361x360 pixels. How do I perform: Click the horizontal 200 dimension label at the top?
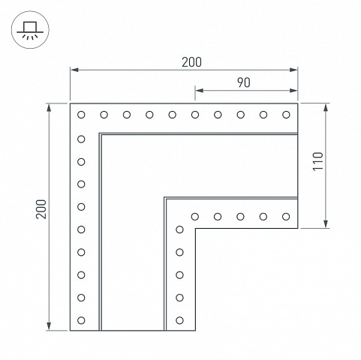click(x=191, y=62)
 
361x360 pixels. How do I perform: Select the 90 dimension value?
click(x=243, y=82)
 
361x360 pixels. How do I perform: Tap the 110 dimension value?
click(x=318, y=161)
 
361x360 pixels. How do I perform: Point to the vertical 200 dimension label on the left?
click(x=41, y=209)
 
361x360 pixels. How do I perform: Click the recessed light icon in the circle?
click(x=30, y=30)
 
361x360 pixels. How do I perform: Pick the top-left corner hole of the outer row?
click(x=81, y=115)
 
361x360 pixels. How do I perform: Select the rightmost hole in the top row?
click(x=286, y=115)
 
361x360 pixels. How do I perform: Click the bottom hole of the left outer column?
click(x=81, y=320)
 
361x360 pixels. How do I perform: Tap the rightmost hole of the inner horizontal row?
click(x=286, y=217)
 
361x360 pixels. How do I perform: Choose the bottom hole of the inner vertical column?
click(x=179, y=320)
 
